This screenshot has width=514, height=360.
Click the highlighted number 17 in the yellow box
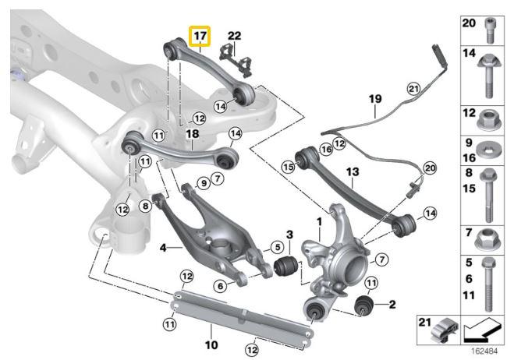coord(200,36)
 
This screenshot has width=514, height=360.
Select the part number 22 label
coord(235,36)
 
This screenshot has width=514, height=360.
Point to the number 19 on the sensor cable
coord(375,99)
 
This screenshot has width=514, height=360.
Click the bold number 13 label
coord(352,171)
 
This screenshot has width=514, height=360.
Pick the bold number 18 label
coord(193,134)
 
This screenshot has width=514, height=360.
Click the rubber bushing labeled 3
coord(285,267)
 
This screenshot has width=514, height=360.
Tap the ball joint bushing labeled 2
coord(364,304)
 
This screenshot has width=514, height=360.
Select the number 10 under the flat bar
coord(210,344)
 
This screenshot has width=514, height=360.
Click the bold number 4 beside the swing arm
coord(163,249)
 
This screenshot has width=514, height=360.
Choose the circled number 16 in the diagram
coord(325,148)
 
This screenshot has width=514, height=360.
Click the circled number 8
coord(145,206)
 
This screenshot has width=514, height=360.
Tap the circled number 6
coord(221,286)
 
